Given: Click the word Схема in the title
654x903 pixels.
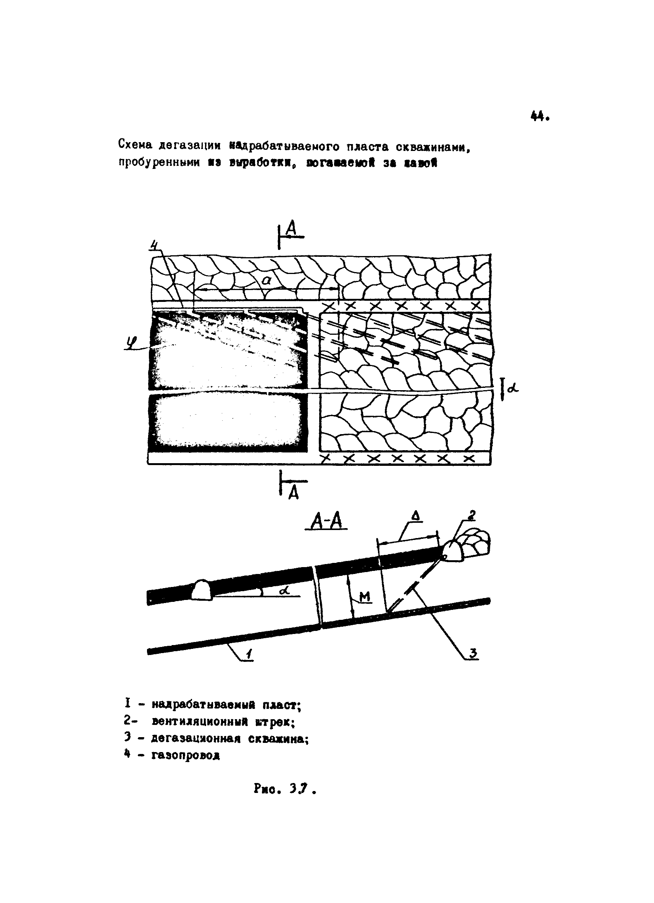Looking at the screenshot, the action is click(x=135, y=145).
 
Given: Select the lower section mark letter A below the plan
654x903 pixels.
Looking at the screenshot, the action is click(x=293, y=493).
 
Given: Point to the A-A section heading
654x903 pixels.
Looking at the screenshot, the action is click(x=326, y=522).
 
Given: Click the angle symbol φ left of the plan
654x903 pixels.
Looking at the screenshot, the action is click(x=130, y=342).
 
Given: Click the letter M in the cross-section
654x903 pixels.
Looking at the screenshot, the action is click(x=364, y=597).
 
